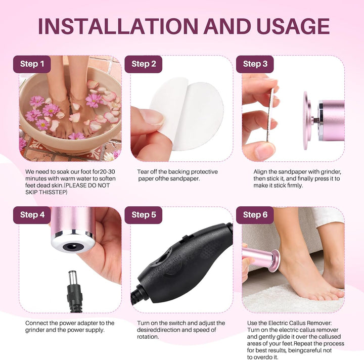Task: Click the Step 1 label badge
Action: click(32, 64)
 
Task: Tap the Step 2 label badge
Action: click(147, 64)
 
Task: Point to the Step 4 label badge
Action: click(32, 215)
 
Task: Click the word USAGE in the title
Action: click(290, 26)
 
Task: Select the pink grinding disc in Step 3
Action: click(307, 121)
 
